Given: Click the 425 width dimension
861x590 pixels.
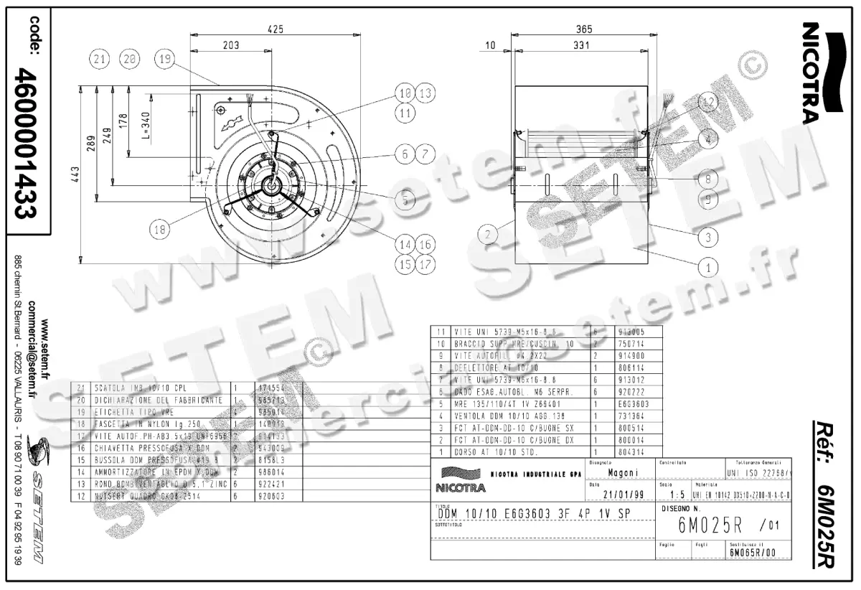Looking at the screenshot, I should click(276, 29).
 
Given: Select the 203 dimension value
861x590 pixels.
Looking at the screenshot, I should click(230, 45).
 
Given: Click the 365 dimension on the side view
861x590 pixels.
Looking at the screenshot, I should click(583, 29).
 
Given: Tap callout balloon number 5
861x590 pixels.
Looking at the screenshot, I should click(405, 201).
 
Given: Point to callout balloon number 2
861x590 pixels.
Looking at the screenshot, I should click(488, 234).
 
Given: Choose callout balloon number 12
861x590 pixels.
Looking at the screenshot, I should click(708, 103).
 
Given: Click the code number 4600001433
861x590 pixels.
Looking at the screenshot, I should click(29, 143).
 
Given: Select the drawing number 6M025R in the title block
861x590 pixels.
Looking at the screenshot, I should click(710, 525).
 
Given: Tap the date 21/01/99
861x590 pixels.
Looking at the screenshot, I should click(619, 495).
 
